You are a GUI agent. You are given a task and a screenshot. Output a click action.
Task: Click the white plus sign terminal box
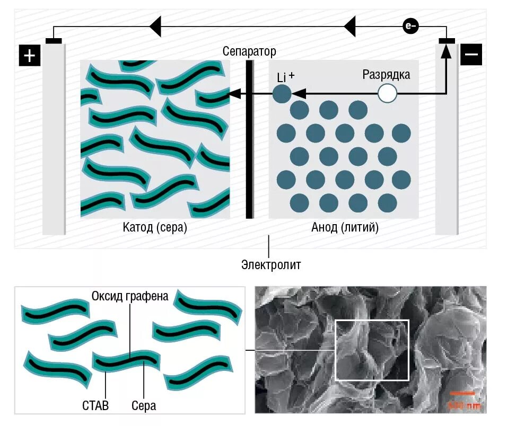(x=30, y=55)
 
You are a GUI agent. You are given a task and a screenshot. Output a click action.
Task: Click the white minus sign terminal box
(x=471, y=54)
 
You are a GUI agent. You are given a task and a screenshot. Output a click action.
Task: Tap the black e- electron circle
(x=410, y=25)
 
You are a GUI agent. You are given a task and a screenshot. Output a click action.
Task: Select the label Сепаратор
(x=249, y=51)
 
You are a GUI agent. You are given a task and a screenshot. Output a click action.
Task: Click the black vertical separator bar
(x=249, y=139)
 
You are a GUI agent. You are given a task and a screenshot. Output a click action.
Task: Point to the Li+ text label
(x=285, y=77)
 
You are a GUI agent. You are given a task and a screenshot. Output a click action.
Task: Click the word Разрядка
(x=386, y=74)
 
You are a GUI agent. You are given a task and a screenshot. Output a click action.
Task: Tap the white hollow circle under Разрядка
(x=387, y=94)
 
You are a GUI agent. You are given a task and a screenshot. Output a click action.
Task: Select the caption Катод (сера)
(x=155, y=228)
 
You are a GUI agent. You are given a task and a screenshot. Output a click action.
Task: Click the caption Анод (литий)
(x=345, y=228)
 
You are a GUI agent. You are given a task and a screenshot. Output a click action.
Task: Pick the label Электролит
(x=270, y=264)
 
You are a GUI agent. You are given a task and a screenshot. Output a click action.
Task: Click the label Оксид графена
(x=130, y=296)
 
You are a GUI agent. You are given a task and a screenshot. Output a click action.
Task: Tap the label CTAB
(x=95, y=406)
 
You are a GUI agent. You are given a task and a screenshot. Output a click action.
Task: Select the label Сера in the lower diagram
(x=144, y=406)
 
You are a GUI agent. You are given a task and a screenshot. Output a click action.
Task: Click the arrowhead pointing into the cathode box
(x=233, y=94)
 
